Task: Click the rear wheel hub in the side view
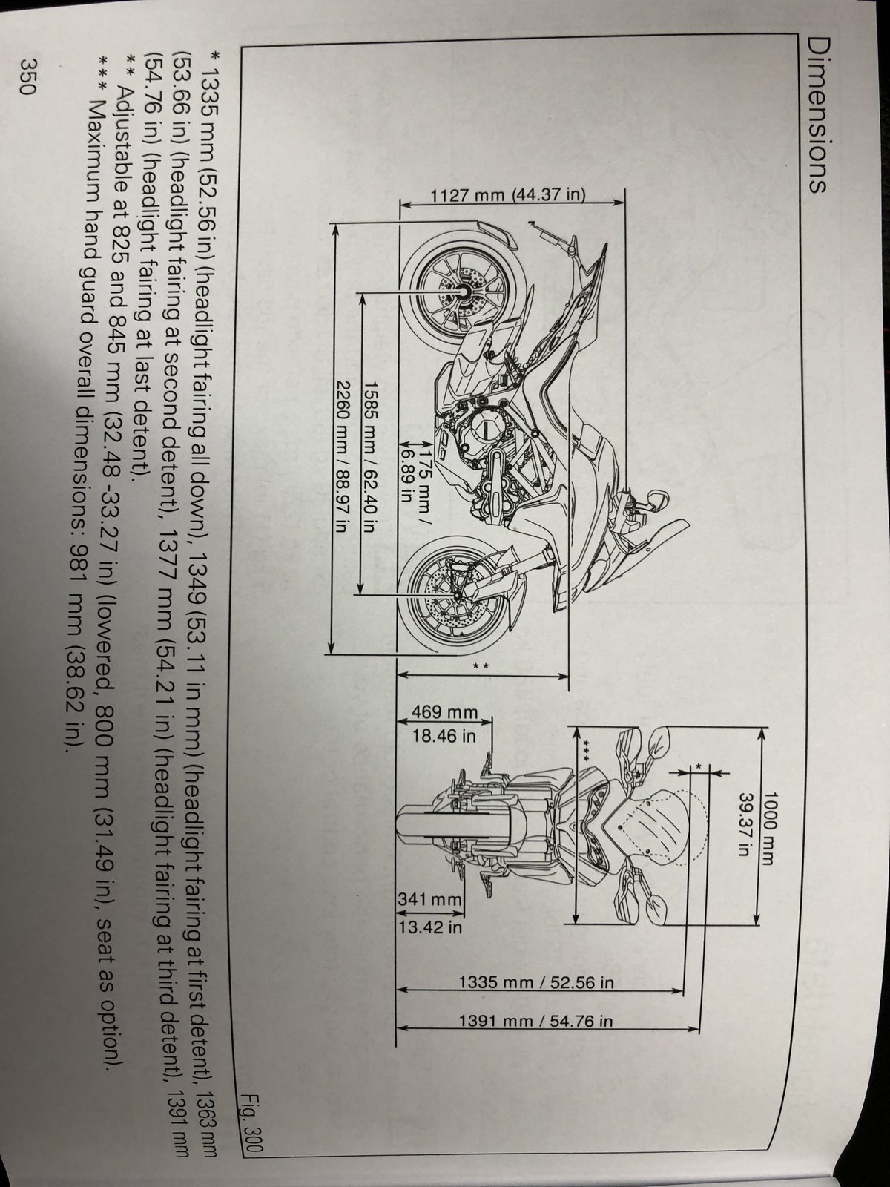click(x=463, y=292)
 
